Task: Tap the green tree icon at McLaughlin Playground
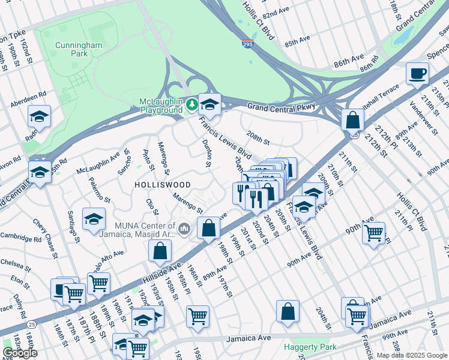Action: [191, 106]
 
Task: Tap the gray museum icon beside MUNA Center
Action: [184, 228]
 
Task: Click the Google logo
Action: [20, 353]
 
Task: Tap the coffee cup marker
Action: [417, 74]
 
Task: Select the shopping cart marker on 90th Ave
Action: [374, 232]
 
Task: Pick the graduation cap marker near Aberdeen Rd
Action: [39, 116]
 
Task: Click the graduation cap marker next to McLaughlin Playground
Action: [209, 104]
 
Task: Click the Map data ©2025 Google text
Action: [411, 355]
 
